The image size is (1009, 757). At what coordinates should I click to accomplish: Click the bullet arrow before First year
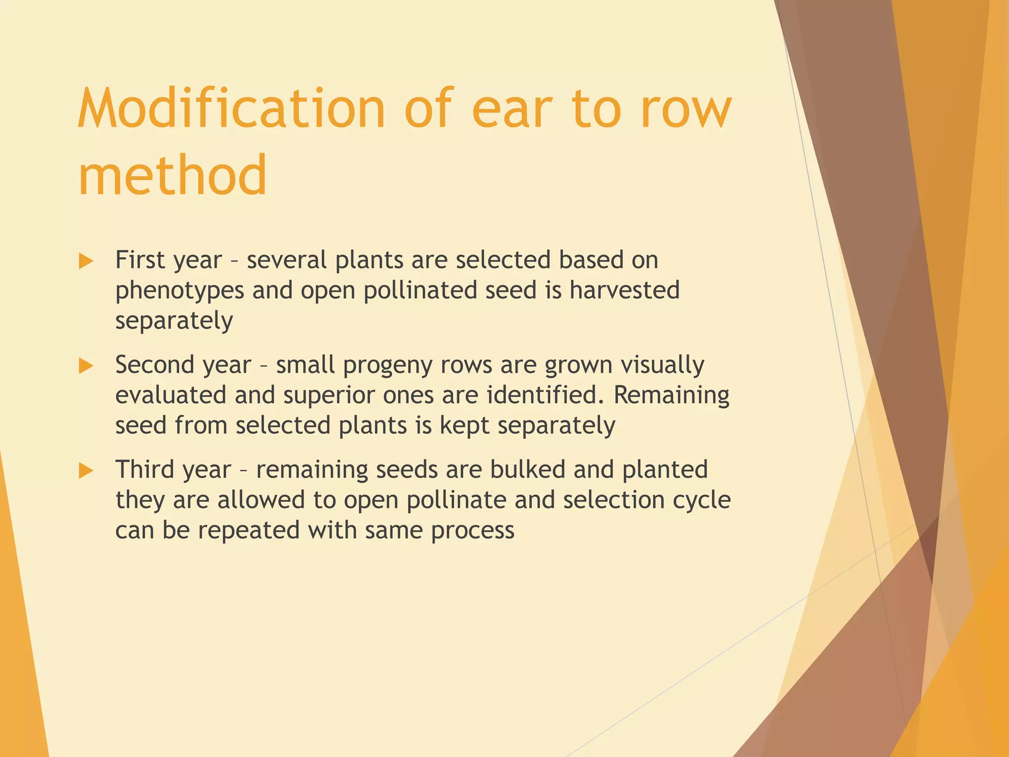point(86,261)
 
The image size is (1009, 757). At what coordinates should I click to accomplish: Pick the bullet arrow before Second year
point(86,366)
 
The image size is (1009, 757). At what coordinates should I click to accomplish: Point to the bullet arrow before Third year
point(86,471)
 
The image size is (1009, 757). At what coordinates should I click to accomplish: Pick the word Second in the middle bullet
point(155,365)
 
